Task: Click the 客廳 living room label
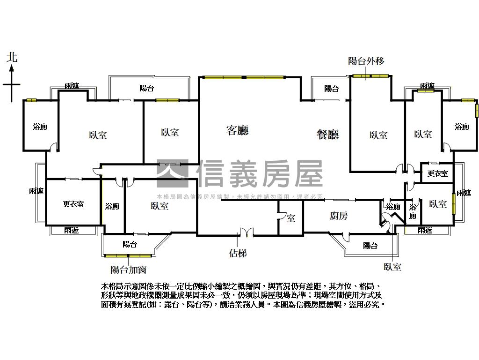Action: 237,131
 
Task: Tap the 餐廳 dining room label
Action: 327,135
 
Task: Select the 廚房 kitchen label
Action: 339,216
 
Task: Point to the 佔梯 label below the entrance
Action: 238,253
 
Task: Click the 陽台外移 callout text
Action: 366,61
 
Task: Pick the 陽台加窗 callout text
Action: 129,270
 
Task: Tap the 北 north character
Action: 12,58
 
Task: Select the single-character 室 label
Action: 291,218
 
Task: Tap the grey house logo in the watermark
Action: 172,174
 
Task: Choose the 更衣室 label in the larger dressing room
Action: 73,204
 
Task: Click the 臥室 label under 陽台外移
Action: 378,135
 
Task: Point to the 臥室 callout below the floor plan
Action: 392,267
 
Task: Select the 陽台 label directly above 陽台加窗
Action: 130,244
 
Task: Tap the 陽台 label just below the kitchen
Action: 370,246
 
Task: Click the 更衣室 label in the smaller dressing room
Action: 438,174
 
